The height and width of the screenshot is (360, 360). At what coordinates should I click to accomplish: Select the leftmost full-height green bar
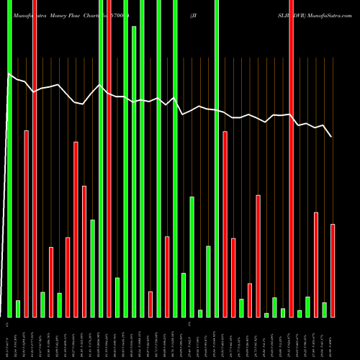(9, 158)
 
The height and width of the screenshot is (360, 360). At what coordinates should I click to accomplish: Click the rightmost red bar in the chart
(333, 270)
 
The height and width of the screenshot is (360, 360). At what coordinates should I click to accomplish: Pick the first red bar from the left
(26, 223)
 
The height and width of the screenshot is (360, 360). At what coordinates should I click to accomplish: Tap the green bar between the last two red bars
(324, 310)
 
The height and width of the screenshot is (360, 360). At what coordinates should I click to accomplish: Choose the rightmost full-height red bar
(291, 158)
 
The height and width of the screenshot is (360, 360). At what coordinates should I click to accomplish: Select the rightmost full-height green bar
(217, 158)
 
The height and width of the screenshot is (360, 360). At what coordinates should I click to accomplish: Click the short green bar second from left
(42, 304)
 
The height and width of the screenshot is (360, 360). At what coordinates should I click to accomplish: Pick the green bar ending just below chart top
(134, 171)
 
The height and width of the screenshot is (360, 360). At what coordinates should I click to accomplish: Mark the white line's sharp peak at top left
(9, 73)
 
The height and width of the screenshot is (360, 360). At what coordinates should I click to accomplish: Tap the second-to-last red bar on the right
(316, 264)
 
